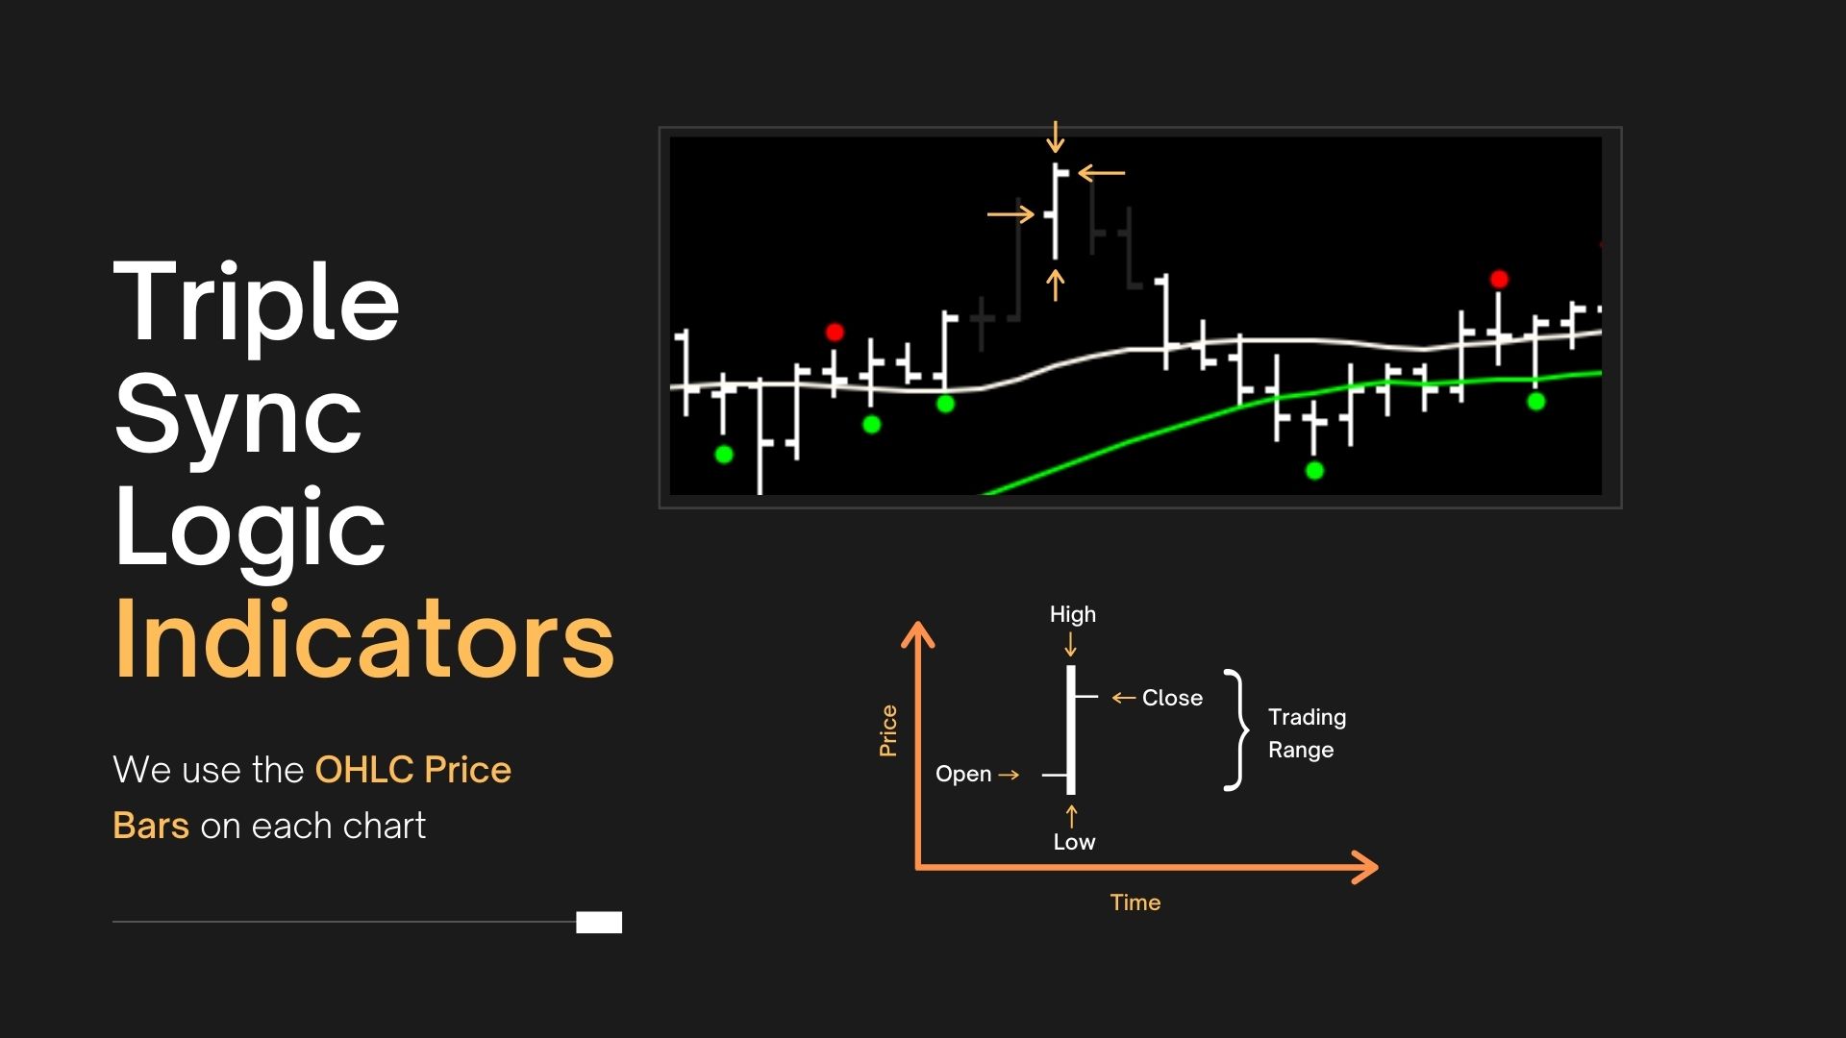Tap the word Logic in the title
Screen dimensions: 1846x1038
[250, 530]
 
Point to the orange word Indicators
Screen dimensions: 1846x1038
[364, 639]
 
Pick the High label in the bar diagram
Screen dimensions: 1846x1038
[1073, 614]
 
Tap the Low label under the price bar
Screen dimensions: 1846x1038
[1074, 842]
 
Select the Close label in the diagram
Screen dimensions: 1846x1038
[1172, 698]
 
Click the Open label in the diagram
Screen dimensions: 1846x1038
[963, 774]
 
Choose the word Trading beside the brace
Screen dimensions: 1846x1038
[1307, 717]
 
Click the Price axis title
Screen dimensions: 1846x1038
[888, 730]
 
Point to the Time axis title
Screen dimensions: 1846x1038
[1135, 902]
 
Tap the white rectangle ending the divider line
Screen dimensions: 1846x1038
[599, 923]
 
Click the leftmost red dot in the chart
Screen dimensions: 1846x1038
[835, 333]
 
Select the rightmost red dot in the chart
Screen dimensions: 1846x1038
[1499, 280]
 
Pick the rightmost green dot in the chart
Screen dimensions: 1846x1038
[1536, 402]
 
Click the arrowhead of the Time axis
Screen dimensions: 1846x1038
[1366, 867]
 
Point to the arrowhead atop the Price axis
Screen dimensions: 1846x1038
[918, 634]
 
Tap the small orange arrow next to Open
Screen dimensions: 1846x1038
[1009, 774]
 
